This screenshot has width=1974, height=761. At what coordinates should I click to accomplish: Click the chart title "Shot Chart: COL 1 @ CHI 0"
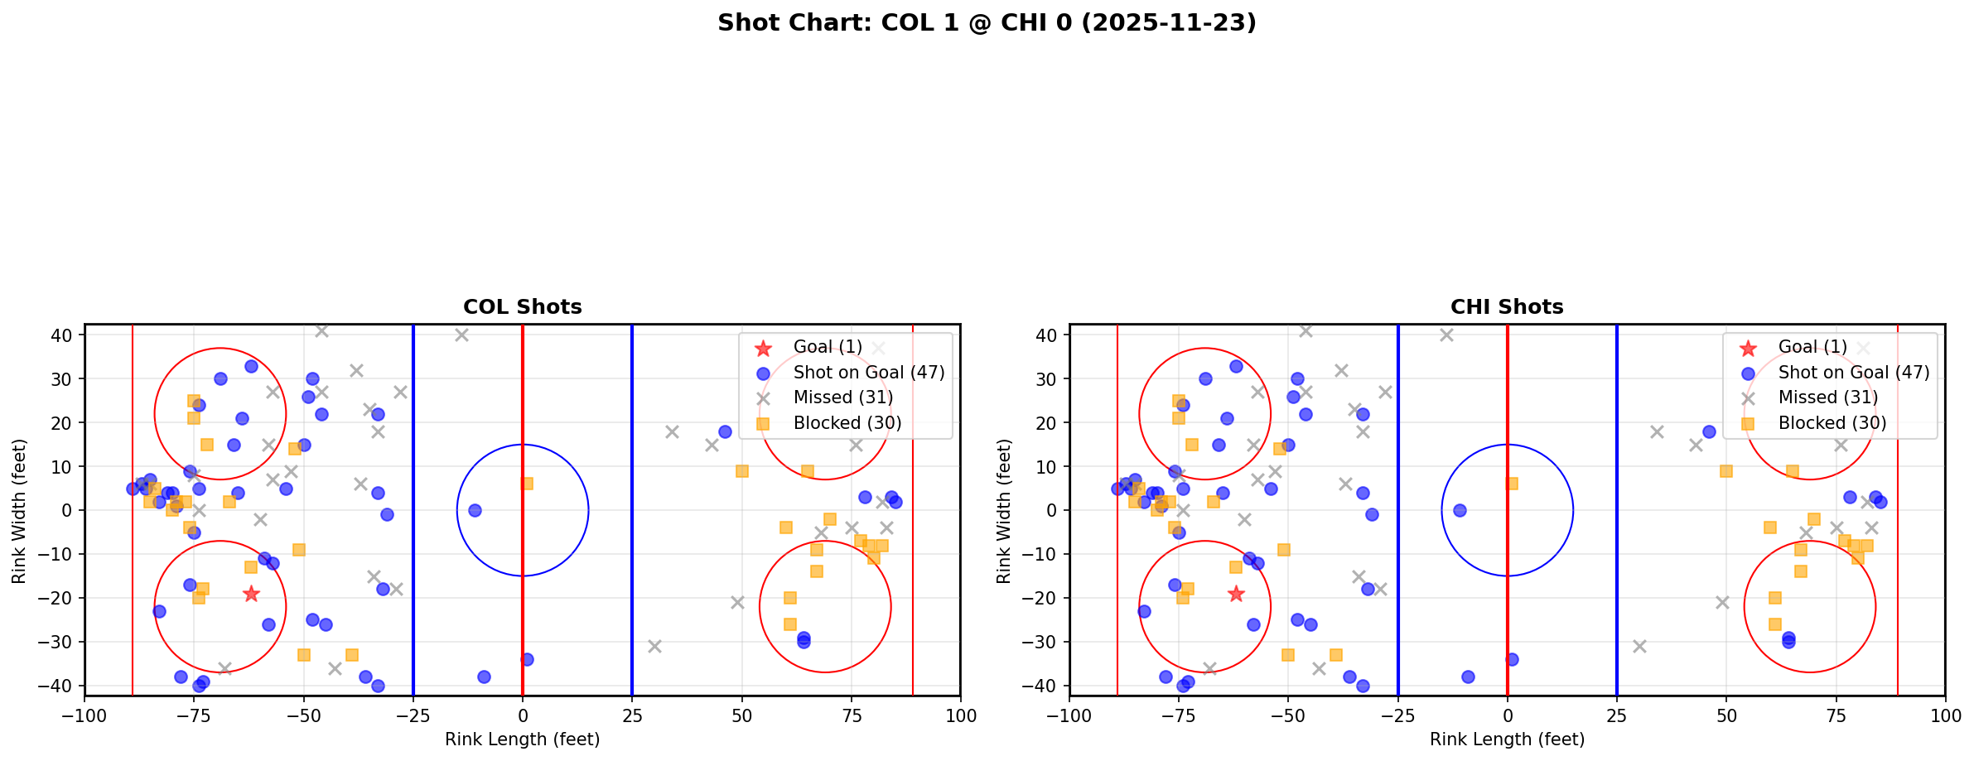click(x=986, y=23)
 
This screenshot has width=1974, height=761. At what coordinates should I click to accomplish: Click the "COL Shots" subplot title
click(x=522, y=307)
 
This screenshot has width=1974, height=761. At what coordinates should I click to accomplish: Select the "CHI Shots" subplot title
click(x=1506, y=307)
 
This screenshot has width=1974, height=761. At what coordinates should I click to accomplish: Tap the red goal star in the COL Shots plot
click(x=251, y=594)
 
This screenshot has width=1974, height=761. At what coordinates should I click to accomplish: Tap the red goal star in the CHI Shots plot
click(x=1235, y=594)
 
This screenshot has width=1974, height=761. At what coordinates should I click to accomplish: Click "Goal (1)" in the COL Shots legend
click(x=827, y=347)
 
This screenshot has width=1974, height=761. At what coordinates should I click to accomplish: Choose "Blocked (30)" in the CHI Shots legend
click(x=1832, y=423)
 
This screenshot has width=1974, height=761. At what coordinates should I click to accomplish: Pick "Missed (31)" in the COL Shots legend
click(x=842, y=397)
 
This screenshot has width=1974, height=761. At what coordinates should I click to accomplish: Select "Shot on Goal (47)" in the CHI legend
click(x=1853, y=373)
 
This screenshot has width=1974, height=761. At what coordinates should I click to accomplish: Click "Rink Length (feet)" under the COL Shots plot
click(x=522, y=739)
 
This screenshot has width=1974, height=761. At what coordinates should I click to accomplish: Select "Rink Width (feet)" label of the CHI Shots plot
click(x=1004, y=510)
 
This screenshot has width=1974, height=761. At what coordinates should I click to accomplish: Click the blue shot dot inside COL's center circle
click(x=475, y=510)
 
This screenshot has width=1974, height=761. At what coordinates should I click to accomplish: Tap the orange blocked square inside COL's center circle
click(x=527, y=484)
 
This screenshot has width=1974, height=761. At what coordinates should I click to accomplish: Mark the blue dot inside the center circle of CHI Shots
click(x=1460, y=510)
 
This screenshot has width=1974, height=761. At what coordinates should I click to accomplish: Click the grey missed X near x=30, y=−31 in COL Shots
click(x=654, y=646)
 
